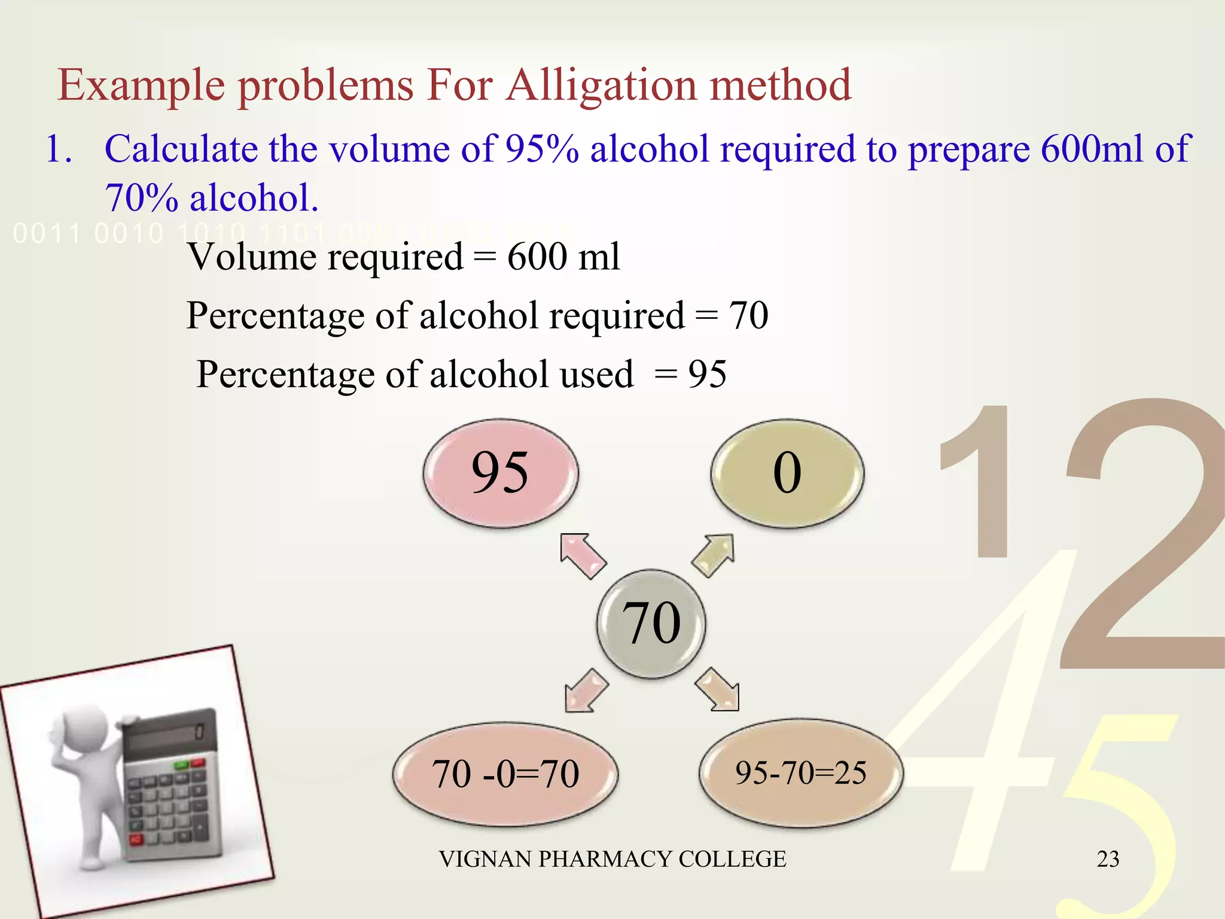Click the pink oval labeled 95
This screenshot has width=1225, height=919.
(x=501, y=473)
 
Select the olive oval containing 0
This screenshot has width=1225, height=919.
(x=787, y=473)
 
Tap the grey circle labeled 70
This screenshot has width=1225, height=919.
(x=651, y=623)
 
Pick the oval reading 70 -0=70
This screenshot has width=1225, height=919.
(x=505, y=774)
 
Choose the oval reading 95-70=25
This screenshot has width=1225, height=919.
(x=801, y=773)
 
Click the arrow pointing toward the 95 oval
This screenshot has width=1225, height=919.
(x=582, y=556)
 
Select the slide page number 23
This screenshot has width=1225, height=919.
(x=1108, y=859)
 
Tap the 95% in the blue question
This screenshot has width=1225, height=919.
(x=542, y=148)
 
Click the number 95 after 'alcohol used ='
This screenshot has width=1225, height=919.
(x=707, y=375)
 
